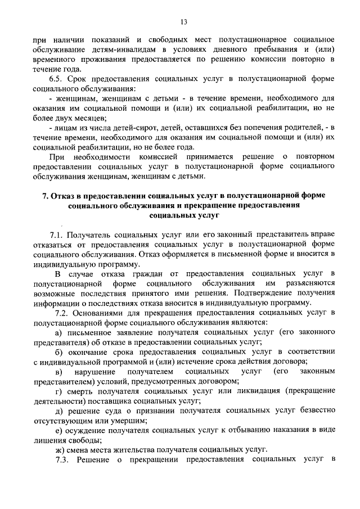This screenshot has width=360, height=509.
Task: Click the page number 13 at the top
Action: tap(183, 22)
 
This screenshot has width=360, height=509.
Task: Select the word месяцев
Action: tap(87, 119)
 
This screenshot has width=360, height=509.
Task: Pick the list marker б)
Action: tap(59, 352)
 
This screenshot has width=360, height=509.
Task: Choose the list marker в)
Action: tap(59, 372)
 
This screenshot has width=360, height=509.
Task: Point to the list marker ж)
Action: tap(60, 450)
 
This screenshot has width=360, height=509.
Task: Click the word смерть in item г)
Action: tap(81, 391)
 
